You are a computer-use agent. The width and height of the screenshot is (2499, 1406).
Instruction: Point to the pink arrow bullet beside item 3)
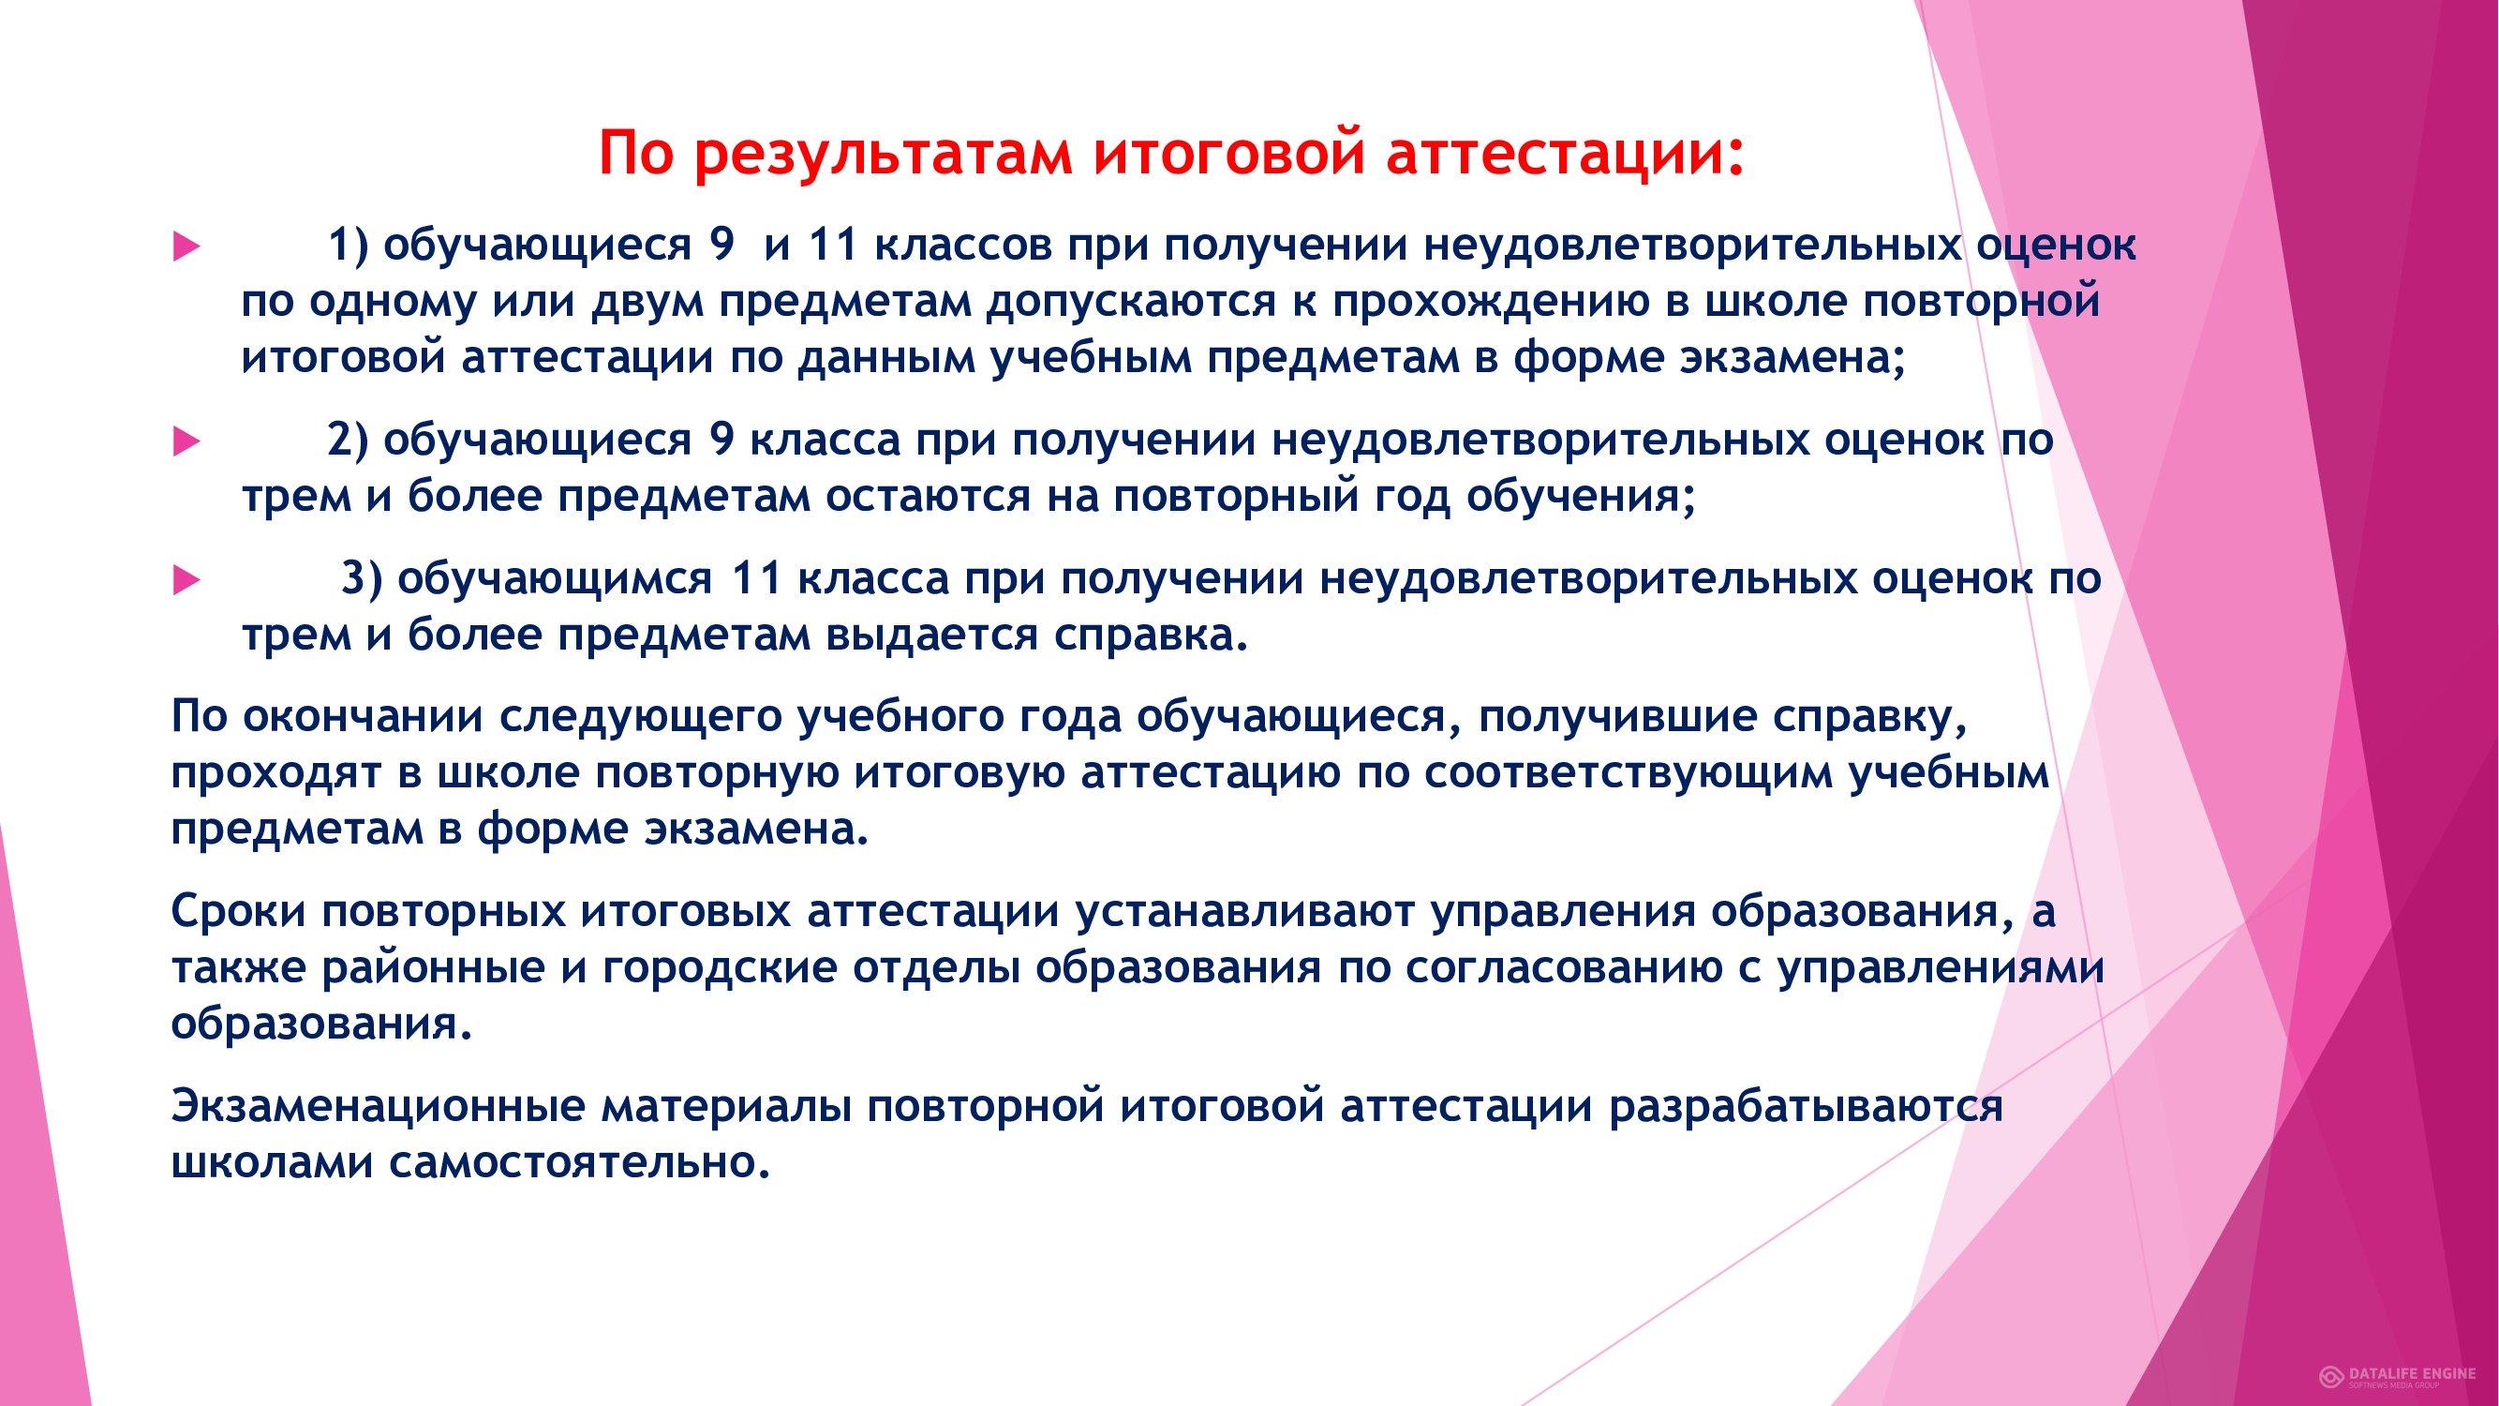[x=186, y=582]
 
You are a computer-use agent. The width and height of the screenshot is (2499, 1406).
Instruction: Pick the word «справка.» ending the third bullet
[x=1152, y=636]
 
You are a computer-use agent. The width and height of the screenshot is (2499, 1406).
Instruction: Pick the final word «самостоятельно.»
[x=579, y=1163]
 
